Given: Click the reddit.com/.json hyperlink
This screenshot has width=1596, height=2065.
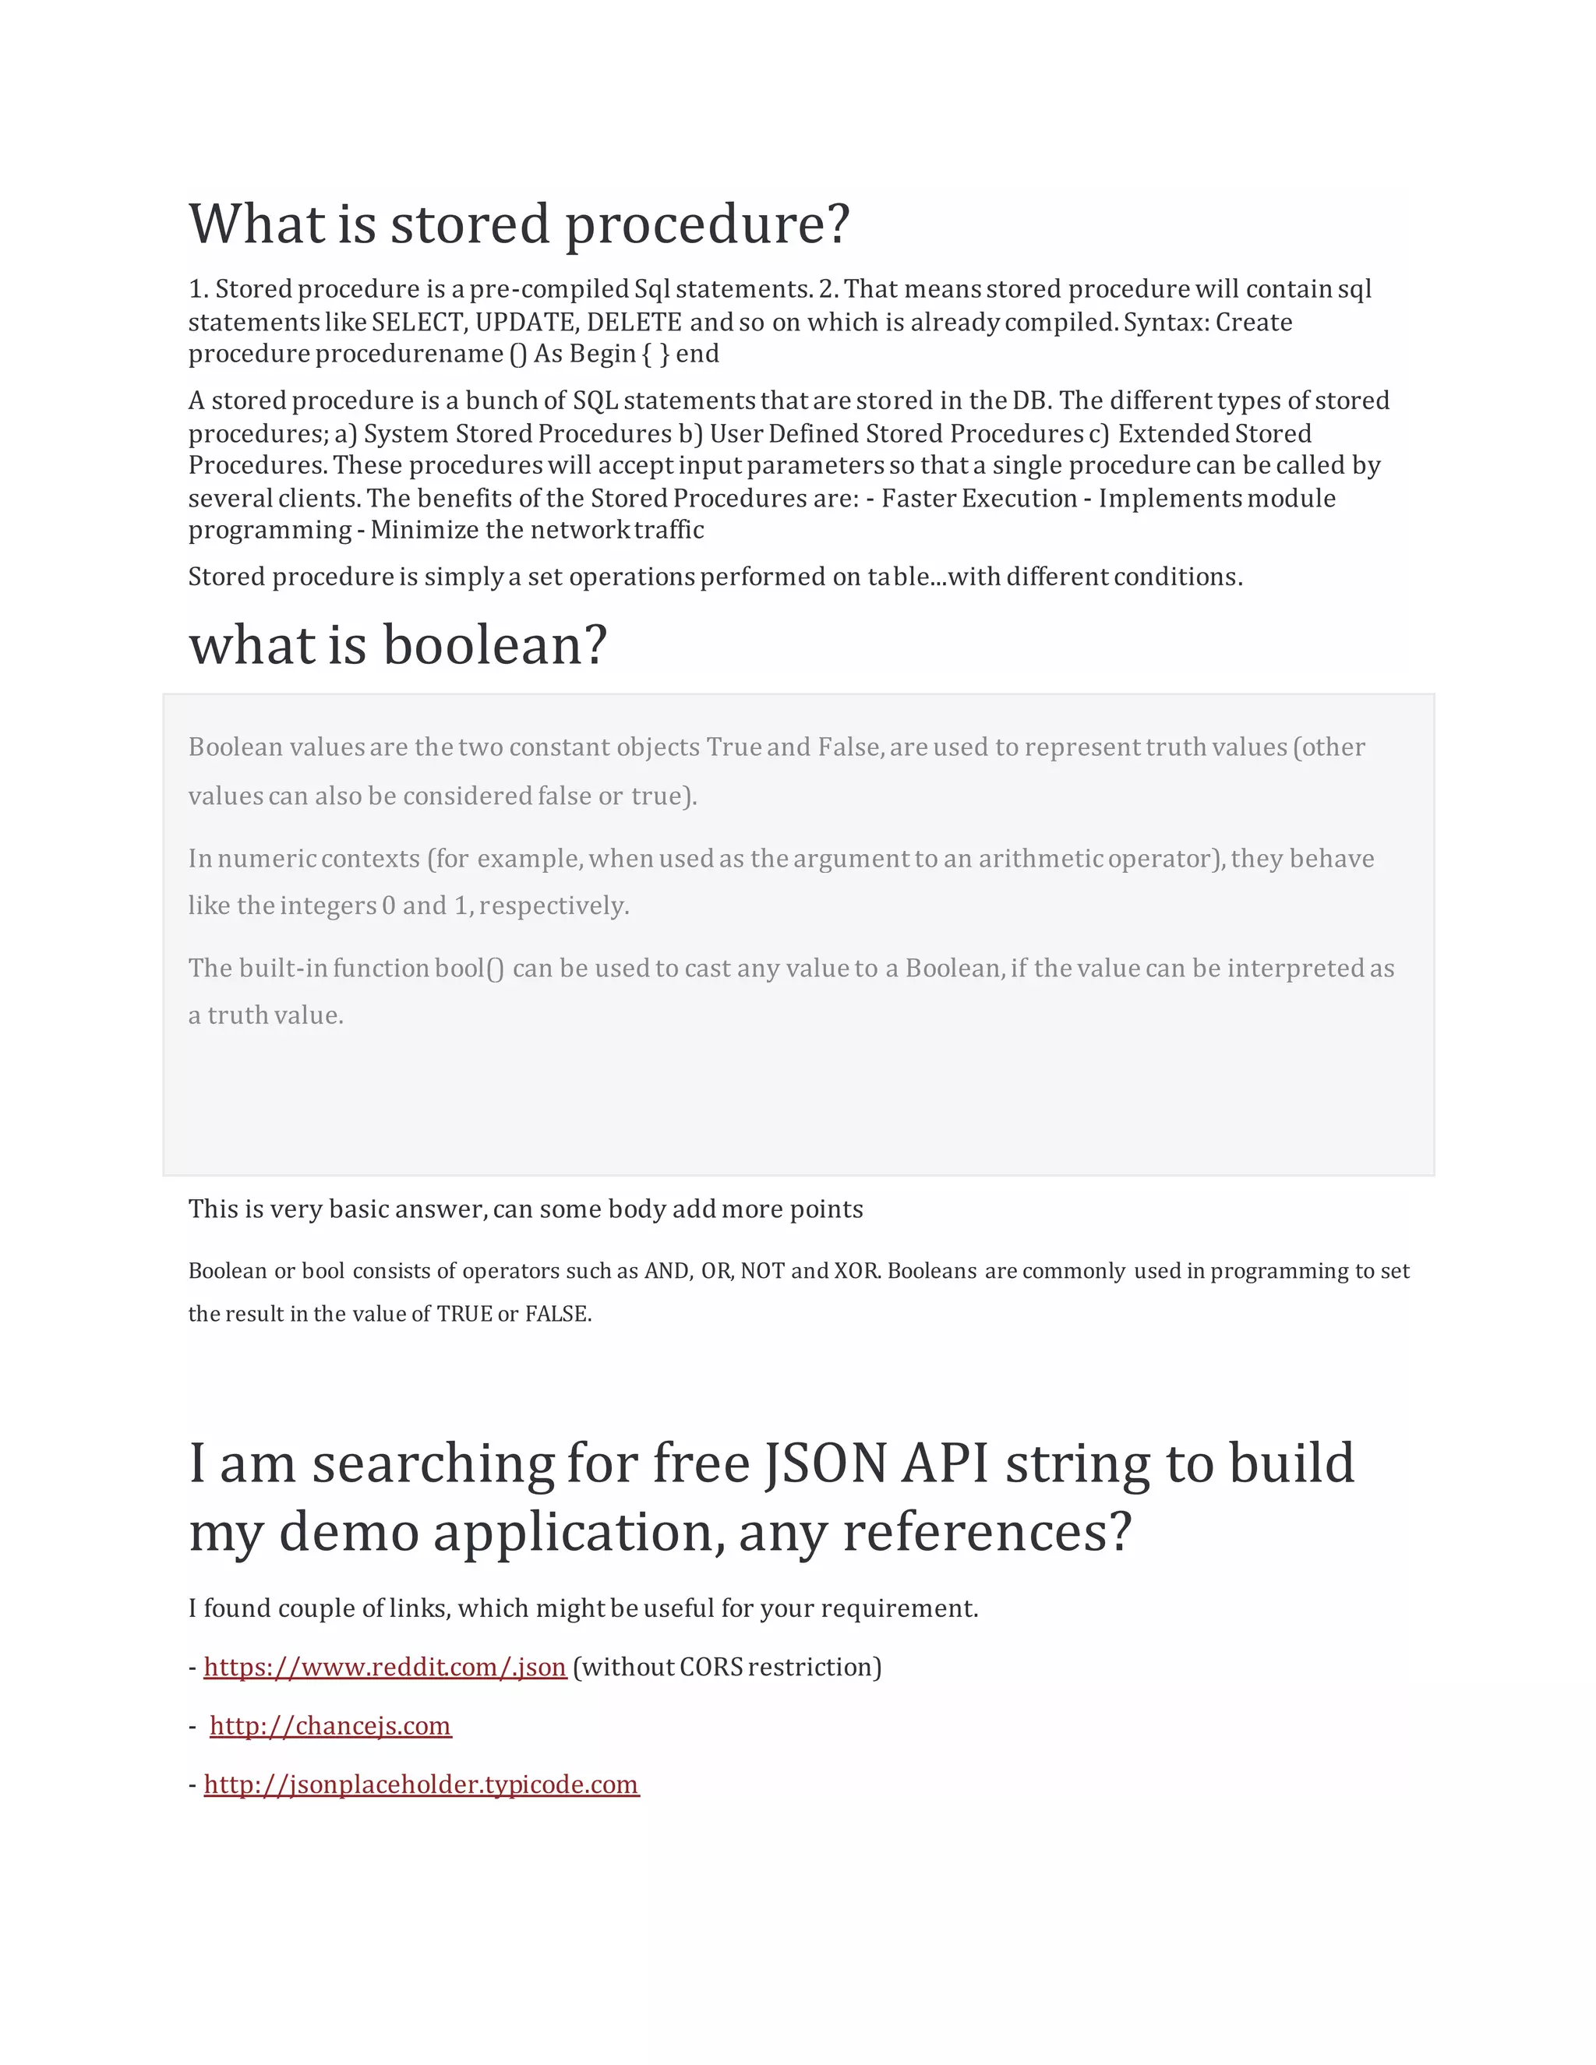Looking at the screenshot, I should point(385,1667).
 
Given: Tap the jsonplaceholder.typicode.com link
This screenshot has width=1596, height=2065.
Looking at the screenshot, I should point(422,1784).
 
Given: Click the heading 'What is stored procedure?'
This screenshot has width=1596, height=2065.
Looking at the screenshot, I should point(519,224).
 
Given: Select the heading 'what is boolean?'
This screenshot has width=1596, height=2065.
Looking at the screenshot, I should point(397,646).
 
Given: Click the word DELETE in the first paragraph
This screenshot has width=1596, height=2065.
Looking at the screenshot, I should point(634,323).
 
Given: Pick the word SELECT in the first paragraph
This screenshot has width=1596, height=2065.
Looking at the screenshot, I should point(418,323).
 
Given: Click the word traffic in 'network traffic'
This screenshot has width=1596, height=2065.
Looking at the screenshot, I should point(669,531).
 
